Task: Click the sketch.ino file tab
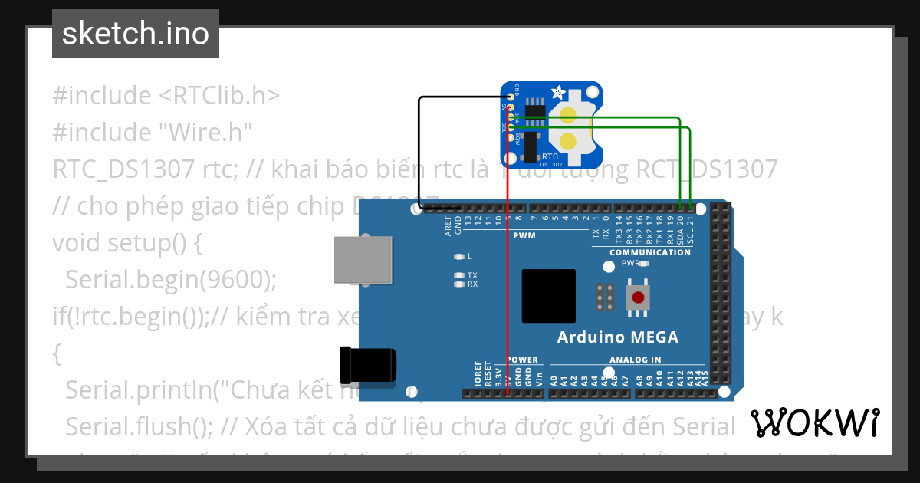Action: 135,34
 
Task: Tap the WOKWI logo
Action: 814,422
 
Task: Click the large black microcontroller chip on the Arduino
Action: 548,296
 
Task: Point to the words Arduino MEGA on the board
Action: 617,337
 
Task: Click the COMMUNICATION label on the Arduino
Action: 649,252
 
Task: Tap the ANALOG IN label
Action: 635,360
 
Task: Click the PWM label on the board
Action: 524,236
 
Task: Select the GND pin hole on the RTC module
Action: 511,97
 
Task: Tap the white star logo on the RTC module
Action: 559,94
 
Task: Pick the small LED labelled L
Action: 459,256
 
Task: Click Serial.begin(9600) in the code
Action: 170,280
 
